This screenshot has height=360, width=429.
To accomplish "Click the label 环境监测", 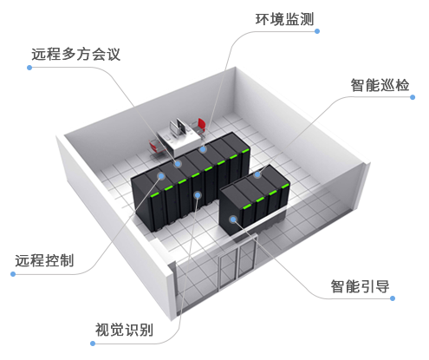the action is (x=284, y=19).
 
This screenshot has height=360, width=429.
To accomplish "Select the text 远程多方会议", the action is (x=75, y=54).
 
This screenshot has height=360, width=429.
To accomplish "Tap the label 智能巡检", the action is (x=380, y=85).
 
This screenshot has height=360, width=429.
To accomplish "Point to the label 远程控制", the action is (x=44, y=260).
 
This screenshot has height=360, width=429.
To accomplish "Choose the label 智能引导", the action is (x=360, y=286).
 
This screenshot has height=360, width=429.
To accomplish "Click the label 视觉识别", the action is (x=124, y=330).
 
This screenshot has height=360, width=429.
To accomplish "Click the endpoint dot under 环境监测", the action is (x=317, y=31).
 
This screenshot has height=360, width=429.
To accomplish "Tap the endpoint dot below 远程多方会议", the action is (x=29, y=68).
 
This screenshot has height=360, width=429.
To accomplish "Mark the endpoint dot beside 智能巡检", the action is (x=413, y=97).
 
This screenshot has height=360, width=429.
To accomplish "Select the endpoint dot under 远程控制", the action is (x=13, y=274).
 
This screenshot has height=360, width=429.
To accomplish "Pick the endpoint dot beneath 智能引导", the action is (x=393, y=298).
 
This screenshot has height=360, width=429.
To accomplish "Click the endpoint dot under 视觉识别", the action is (x=93, y=344).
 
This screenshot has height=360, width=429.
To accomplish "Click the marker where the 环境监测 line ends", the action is (x=203, y=149).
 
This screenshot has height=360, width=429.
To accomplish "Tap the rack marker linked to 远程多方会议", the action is (x=178, y=164).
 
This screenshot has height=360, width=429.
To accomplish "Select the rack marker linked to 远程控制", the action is (x=161, y=175).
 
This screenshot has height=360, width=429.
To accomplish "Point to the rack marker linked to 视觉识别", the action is (x=198, y=195).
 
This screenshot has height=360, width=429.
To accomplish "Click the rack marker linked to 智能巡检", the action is (x=257, y=174).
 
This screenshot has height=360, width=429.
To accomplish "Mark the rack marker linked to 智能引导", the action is (x=233, y=219).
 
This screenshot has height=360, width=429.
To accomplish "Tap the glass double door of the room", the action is (x=237, y=262).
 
